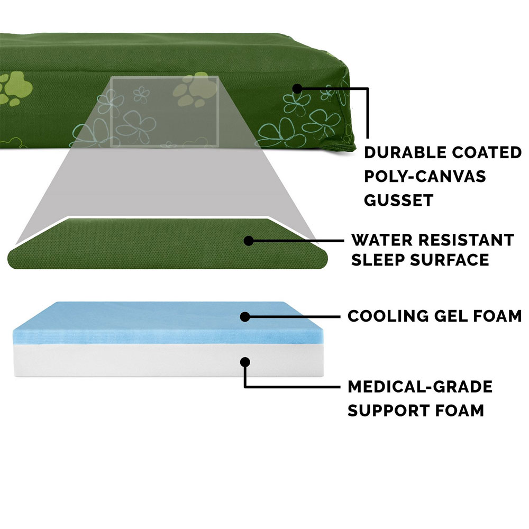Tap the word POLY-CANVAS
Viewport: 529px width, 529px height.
425,176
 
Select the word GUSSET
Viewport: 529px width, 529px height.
398,200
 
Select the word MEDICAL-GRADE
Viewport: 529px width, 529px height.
420,387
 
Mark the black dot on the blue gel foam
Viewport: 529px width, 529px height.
245,317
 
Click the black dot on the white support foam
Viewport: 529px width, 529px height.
245,362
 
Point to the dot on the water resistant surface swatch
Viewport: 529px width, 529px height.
249,241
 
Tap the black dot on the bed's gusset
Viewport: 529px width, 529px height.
297,88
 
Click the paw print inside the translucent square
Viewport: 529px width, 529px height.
195,89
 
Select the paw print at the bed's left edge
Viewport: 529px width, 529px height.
15,88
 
